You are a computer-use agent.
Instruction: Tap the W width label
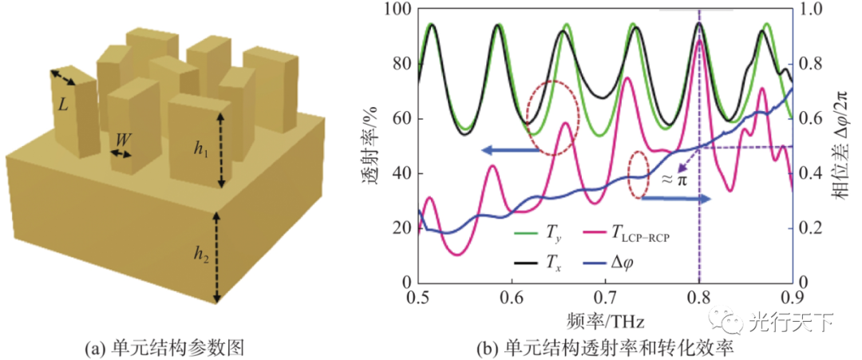(123, 139)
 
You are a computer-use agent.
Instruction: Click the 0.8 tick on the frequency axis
(698, 297)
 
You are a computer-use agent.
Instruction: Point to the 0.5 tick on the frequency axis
(418, 297)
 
